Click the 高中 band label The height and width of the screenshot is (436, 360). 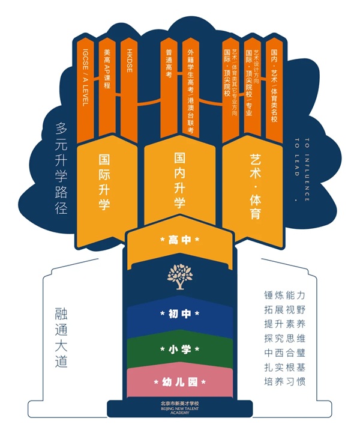coord(179,240)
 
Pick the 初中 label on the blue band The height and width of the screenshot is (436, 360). coord(179,314)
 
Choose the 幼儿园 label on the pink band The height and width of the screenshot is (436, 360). coord(179,381)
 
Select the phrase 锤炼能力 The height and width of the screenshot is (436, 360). coord(284,295)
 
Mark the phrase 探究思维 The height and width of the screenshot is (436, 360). coord(284,338)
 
